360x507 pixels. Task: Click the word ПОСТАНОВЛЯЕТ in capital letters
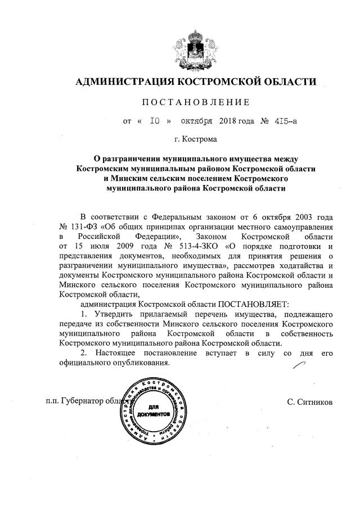(254, 304)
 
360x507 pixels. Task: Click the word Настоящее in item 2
(114, 352)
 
